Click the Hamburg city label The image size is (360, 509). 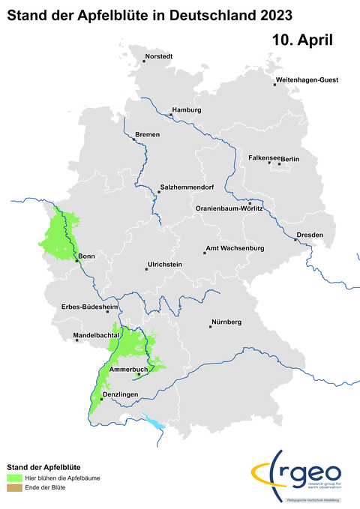pos(187,110)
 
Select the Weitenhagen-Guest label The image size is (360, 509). pos(308,79)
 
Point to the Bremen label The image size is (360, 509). pos(147,134)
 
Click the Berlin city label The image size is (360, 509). pos(290,159)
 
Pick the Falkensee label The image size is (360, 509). pos(264,158)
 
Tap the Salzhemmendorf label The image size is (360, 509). pos(187,187)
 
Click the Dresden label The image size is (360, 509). pos(310,235)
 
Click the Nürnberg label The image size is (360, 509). pos(226,322)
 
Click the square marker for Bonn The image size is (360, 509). pos(76,262)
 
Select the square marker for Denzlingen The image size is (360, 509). pos(100,399)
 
